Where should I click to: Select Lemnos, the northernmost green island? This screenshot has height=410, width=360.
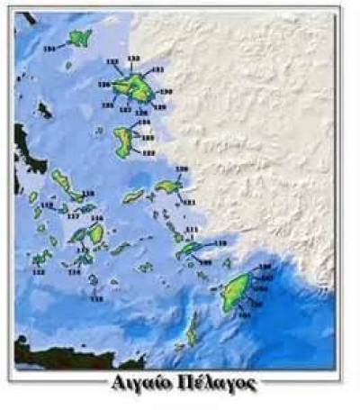click(81, 38)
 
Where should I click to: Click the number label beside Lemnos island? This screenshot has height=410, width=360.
click(49, 47)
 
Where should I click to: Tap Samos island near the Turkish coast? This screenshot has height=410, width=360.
click(167, 187)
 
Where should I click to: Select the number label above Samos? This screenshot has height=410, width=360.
click(182, 169)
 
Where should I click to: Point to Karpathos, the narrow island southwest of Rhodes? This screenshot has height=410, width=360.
click(192, 333)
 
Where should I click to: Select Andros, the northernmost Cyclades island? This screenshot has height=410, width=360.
click(64, 182)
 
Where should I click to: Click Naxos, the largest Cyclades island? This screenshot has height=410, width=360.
click(95, 233)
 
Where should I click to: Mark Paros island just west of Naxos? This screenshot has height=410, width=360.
click(79, 236)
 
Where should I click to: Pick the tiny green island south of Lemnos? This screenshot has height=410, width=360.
click(68, 65)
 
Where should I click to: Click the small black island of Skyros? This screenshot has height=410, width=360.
click(43, 110)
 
